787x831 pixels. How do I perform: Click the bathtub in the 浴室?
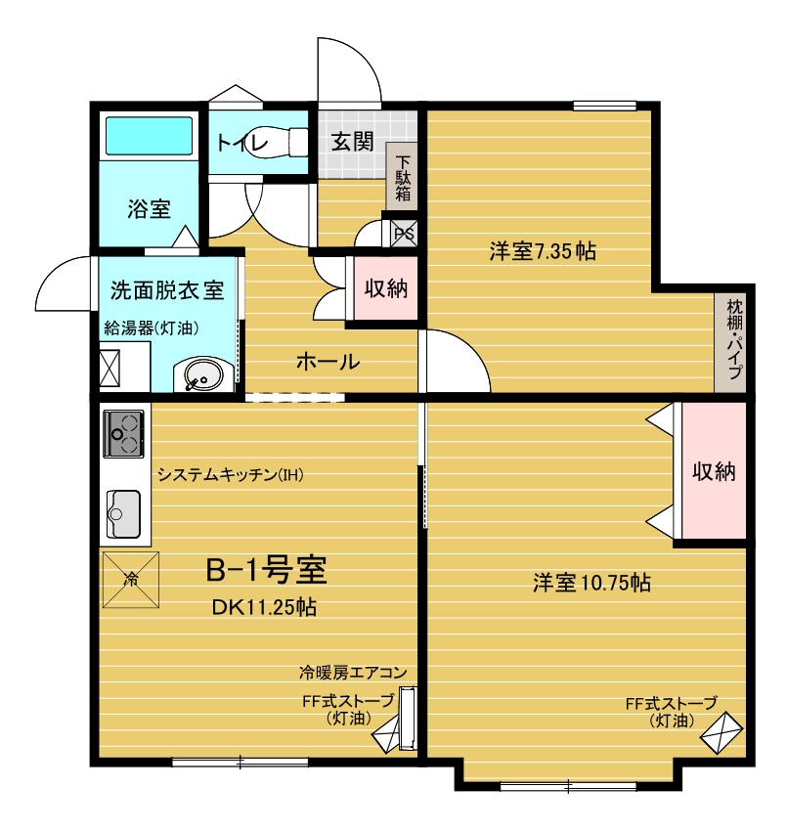(x=149, y=136)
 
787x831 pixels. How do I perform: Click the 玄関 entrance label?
(x=352, y=142)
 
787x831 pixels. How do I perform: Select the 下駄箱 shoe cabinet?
(x=402, y=176)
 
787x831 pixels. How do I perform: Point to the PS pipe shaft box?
(x=404, y=234)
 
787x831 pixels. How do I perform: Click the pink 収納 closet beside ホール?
(x=386, y=288)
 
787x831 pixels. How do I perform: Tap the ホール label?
(x=328, y=362)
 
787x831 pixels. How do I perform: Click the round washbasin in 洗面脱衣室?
(x=203, y=375)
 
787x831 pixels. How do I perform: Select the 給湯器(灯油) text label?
(x=152, y=328)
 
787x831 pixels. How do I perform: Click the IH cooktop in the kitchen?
(x=123, y=433)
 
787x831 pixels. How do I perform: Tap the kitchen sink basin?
(x=123, y=513)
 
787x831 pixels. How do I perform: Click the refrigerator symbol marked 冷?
(x=130, y=580)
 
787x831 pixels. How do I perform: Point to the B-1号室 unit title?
(x=266, y=570)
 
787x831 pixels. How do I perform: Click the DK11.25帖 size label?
(x=265, y=607)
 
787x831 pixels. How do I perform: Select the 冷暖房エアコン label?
(x=353, y=673)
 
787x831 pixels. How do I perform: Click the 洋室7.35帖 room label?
(x=543, y=250)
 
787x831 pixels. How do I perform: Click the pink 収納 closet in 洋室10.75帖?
(x=714, y=470)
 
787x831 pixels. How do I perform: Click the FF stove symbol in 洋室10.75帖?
(x=721, y=733)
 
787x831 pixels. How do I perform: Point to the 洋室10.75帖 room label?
(x=592, y=583)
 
